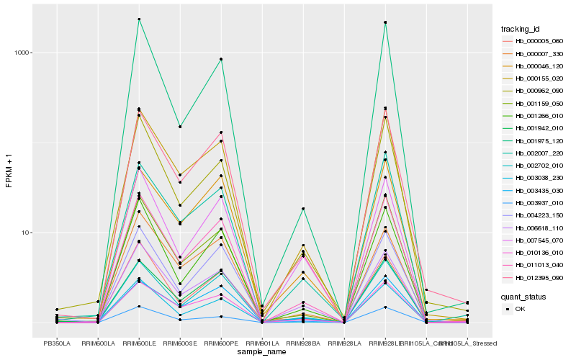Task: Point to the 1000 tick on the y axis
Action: (22, 53)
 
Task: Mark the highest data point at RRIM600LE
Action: (139, 19)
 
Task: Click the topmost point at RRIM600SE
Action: (180, 127)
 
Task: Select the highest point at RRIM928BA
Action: (303, 209)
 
